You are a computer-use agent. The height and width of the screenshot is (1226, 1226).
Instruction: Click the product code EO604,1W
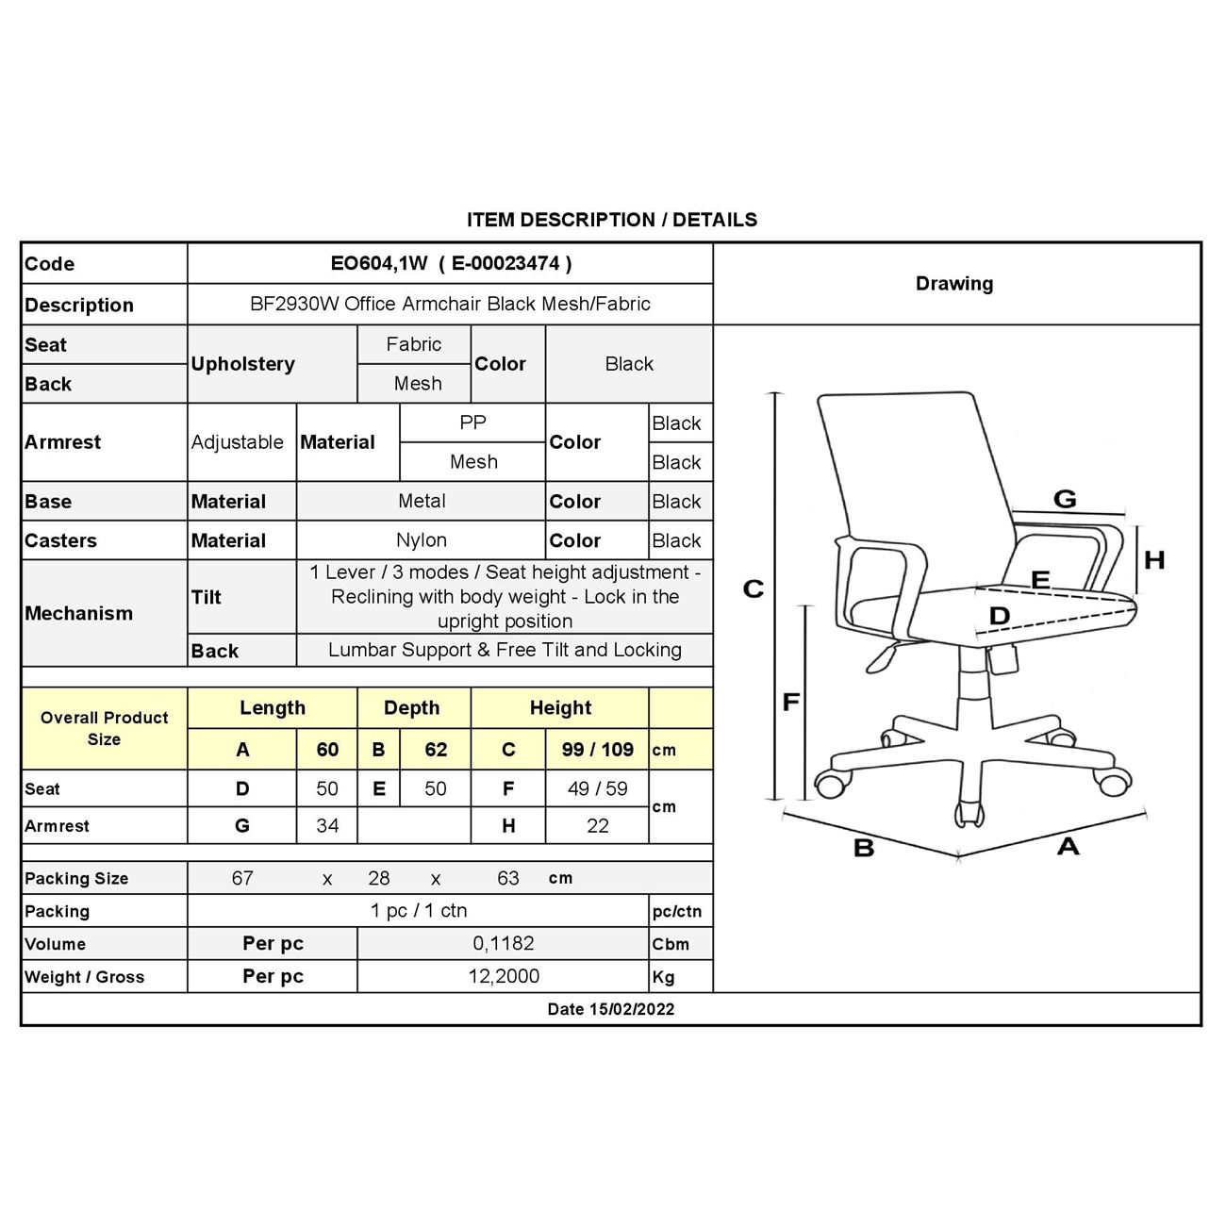pos(379,264)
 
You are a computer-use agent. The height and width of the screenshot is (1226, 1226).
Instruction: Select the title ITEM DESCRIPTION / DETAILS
pos(611,220)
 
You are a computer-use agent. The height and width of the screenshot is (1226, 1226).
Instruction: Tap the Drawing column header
pos(953,284)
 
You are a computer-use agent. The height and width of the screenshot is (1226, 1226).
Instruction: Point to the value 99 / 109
pos(597,750)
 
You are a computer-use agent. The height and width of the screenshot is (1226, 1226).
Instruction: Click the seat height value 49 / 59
pos(597,788)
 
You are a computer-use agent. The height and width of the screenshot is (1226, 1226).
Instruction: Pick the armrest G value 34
pos(327,825)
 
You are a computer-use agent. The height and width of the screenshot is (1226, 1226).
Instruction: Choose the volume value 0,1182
pos(504,943)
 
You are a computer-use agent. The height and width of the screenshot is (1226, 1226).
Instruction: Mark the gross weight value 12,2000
pos(504,976)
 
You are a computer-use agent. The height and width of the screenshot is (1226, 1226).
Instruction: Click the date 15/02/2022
pos(632,1009)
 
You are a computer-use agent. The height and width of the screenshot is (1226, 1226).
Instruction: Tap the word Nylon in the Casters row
pos(422,540)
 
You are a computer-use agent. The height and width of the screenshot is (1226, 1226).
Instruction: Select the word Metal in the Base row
pos(422,501)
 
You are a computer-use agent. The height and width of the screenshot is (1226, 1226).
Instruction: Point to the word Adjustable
pos(238,442)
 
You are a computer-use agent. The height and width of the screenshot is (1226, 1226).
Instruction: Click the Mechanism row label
pos(79,613)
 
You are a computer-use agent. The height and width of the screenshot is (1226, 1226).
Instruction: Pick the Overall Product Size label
pos(104,728)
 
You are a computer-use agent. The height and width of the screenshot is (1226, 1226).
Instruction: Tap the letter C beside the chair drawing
pos(753,589)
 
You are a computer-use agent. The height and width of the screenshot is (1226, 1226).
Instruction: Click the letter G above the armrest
pos(1065,499)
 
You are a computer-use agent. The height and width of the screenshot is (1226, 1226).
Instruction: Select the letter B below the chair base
pos(864,848)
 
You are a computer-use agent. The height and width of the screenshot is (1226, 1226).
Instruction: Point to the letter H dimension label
pos(1154,560)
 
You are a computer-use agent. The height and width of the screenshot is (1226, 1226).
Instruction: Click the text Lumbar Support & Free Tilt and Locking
pos(505,650)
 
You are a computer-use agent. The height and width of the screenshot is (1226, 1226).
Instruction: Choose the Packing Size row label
pos(76,878)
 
